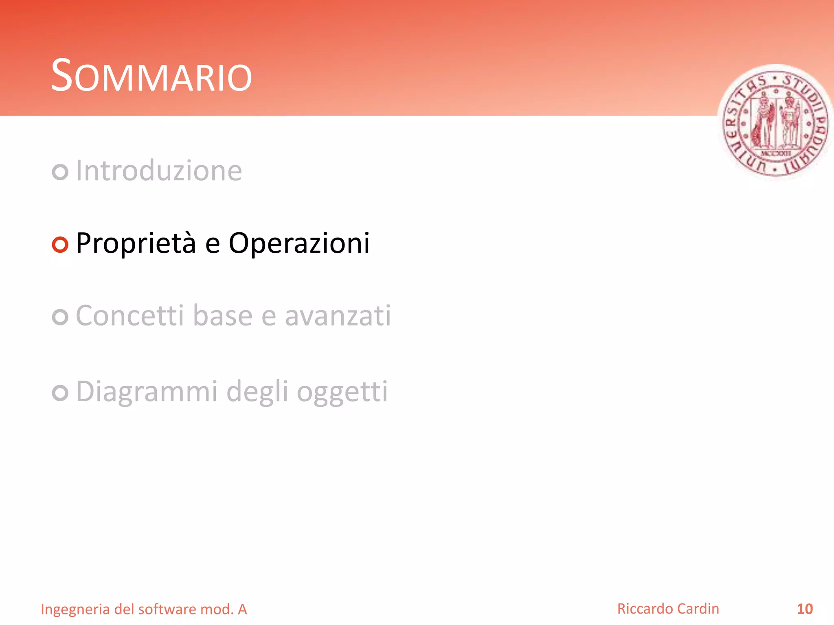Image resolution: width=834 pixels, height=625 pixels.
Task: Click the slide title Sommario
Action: (x=151, y=76)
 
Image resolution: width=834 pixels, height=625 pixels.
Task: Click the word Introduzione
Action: (x=159, y=170)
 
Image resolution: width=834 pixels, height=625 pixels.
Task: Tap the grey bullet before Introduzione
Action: (x=60, y=172)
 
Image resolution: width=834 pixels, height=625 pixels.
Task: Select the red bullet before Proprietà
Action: (x=60, y=245)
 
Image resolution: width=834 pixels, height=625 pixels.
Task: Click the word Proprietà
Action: (x=136, y=243)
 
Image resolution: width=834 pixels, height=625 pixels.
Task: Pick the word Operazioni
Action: (x=299, y=243)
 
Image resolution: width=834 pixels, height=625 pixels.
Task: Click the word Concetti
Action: (x=130, y=316)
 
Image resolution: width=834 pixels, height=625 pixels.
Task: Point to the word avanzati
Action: (x=338, y=316)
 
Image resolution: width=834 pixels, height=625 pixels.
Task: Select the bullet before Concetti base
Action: (x=60, y=317)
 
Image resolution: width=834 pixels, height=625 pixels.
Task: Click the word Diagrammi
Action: (x=147, y=391)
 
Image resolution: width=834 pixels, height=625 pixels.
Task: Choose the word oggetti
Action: (x=342, y=392)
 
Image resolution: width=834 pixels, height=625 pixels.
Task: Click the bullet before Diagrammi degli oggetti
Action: (x=60, y=393)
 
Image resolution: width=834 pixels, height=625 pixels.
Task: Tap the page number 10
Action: (x=805, y=609)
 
